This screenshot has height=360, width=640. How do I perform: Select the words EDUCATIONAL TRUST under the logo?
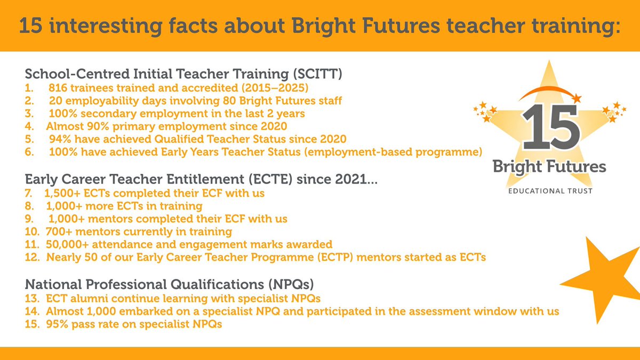(x=550, y=191)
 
